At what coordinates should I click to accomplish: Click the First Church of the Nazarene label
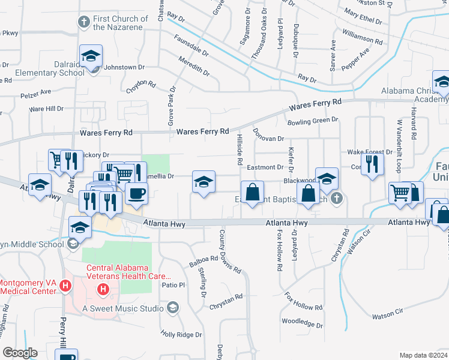click(120, 23)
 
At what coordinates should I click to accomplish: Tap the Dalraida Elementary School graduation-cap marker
click(91, 58)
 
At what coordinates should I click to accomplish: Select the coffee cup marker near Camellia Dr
click(137, 194)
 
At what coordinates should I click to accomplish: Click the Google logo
click(20, 352)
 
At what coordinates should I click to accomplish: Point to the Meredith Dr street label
click(193, 66)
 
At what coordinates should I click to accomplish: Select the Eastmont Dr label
click(265, 167)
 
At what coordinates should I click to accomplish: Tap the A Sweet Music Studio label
click(123, 308)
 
